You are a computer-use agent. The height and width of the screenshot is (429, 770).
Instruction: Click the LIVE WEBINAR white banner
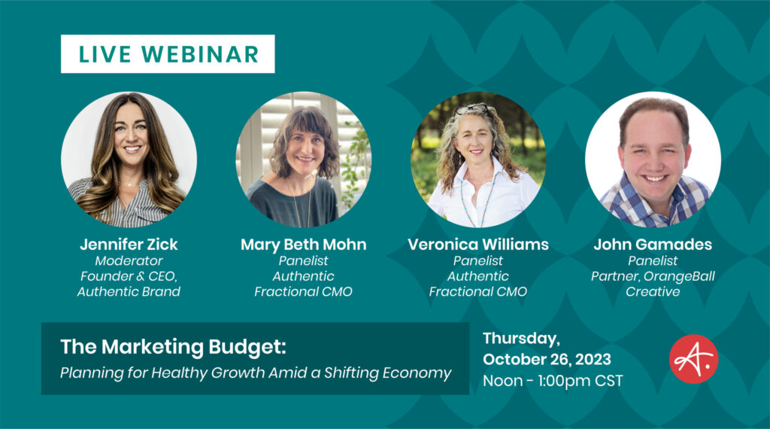(168, 54)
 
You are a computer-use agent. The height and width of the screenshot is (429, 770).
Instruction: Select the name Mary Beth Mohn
(303, 245)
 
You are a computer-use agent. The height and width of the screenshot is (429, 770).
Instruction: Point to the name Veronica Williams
(477, 245)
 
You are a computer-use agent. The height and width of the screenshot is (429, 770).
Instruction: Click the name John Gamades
(652, 245)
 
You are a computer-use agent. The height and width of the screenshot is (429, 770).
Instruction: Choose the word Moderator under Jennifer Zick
(129, 260)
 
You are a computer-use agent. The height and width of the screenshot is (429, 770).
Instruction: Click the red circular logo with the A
(693, 359)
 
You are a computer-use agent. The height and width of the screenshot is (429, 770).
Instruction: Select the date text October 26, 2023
(547, 359)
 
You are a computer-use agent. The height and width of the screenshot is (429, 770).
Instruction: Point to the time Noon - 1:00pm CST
(553, 381)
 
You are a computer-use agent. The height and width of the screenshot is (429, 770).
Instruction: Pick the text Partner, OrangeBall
(652, 276)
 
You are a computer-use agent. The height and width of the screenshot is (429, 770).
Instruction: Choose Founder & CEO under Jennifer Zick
(129, 276)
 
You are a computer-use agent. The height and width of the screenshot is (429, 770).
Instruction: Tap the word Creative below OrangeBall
(652, 291)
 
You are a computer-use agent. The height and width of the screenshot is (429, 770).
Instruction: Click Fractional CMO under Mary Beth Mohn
(303, 291)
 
